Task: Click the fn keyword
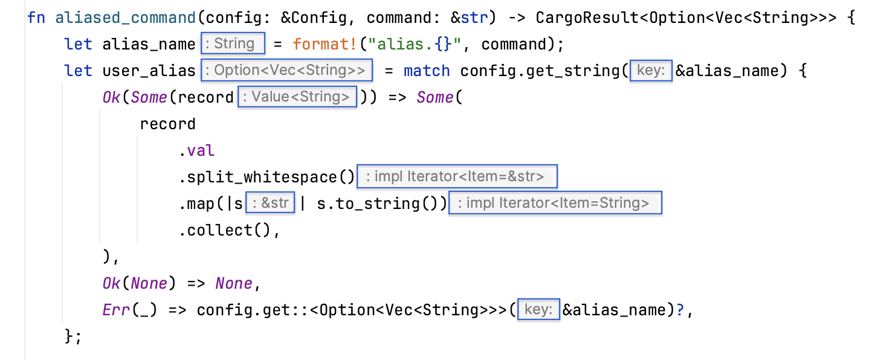tap(36, 18)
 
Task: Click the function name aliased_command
tap(125, 18)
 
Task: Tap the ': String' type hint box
tap(233, 43)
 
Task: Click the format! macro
tap(324, 44)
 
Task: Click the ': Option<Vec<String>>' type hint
tap(287, 70)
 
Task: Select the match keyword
tap(427, 71)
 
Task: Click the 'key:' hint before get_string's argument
tap(651, 70)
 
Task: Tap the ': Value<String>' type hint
tap(297, 97)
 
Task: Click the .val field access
tap(196, 150)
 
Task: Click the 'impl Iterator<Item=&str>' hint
tap(457, 176)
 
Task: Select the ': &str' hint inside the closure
tap(270, 203)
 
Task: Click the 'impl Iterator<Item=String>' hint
tap(555, 203)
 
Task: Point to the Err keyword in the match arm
tap(116, 310)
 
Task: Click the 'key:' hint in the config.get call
tap(538, 310)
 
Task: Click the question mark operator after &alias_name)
tap(680, 310)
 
